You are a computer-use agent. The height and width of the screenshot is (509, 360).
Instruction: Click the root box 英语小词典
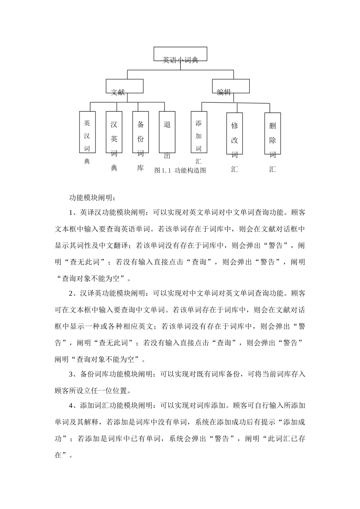[180, 54]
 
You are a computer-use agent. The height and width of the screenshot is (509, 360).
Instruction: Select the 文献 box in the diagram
[124, 86]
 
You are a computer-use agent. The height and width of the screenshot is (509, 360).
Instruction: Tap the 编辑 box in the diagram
[230, 86]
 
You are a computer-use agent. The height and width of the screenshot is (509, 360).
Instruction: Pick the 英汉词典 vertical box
[87, 132]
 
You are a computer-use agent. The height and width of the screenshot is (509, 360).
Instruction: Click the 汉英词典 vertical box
[114, 132]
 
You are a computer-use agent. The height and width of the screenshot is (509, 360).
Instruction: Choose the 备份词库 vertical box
[140, 132]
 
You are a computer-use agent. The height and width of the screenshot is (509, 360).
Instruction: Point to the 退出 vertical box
[167, 132]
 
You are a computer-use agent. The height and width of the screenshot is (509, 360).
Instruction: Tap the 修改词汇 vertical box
[235, 134]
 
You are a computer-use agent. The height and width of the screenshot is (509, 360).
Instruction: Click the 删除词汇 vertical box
[272, 134]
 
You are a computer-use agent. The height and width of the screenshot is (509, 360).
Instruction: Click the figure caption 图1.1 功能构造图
[180, 170]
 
